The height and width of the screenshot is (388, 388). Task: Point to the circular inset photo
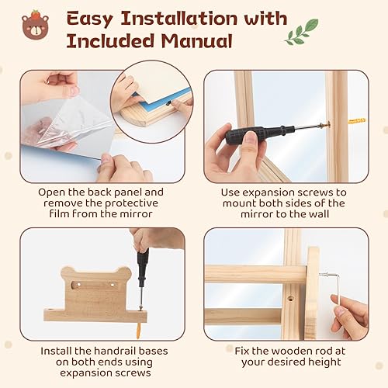click(x=151, y=99)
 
